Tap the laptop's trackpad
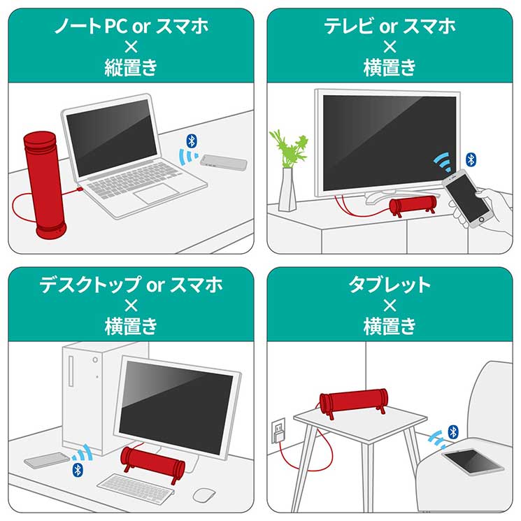(157, 194)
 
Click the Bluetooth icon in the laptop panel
(192, 141)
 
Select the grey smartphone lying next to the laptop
(224, 162)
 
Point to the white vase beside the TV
(287, 190)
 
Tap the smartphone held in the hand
(466, 199)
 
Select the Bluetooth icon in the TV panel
(471, 160)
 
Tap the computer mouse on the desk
(204, 494)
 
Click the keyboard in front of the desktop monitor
(136, 487)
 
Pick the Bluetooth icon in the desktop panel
(78, 470)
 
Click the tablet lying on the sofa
(473, 461)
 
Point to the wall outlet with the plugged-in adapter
(278, 431)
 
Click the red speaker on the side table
(354, 402)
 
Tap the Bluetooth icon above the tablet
(453, 432)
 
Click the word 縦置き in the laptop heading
(131, 67)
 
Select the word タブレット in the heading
(390, 285)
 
